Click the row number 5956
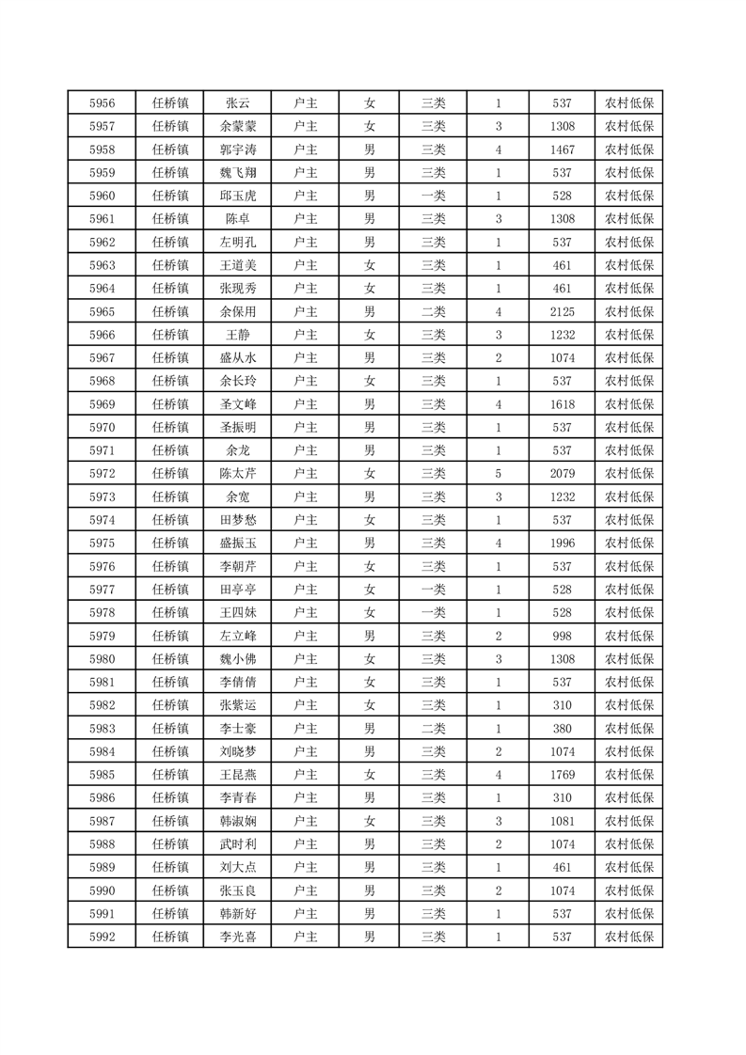point(102,103)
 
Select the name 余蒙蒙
point(237,127)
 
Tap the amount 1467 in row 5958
point(563,150)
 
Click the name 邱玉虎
point(237,196)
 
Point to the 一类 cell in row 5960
point(434,196)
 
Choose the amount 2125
point(563,311)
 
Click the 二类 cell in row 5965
point(434,311)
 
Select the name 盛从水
point(237,357)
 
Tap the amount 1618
point(563,403)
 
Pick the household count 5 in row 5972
point(498,473)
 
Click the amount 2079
point(563,473)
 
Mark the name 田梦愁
point(237,519)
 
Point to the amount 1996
point(563,543)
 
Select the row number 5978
point(102,612)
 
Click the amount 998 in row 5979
point(563,636)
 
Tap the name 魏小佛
point(237,658)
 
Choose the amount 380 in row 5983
point(563,728)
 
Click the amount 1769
point(563,774)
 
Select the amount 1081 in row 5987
point(563,821)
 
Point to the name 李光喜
point(237,937)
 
